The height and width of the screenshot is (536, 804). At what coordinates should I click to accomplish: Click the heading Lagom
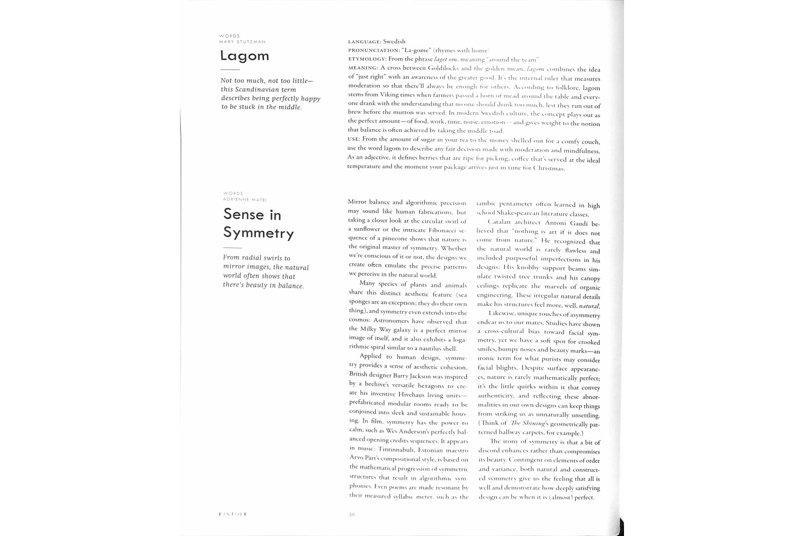244,56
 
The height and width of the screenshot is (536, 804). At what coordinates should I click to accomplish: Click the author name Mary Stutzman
243,42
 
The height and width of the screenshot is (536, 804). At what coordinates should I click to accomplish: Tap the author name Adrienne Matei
245,199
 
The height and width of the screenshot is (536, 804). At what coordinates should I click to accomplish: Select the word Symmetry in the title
258,233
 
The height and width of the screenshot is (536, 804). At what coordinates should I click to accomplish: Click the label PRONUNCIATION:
374,50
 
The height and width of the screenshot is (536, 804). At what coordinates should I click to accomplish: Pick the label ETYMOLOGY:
367,59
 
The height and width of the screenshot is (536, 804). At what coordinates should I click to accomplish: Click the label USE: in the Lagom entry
354,139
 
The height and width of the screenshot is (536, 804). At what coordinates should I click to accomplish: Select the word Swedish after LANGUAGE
394,42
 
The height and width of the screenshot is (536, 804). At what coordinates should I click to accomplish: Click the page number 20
352,515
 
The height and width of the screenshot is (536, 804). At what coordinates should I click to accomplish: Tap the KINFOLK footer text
233,514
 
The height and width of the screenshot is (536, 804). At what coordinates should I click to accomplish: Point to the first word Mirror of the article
357,202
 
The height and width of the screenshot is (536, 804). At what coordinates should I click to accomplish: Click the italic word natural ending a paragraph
589,306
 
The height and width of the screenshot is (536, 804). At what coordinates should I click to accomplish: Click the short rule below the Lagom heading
230,70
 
